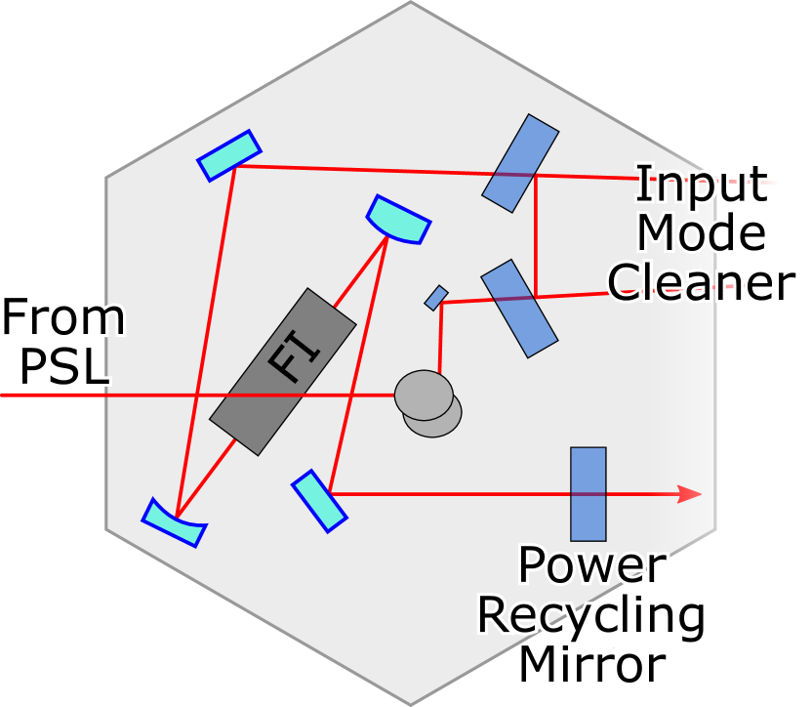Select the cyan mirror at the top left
(229, 156)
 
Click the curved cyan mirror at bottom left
(174, 523)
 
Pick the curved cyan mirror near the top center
(398, 220)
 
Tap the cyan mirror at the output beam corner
(318, 501)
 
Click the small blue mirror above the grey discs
(436, 298)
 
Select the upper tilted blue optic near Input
(520, 163)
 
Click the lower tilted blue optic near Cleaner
(519, 308)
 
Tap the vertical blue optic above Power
(588, 493)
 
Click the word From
(62, 320)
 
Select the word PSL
(64, 367)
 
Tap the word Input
(701, 184)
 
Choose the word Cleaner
(701, 282)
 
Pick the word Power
(591, 565)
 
